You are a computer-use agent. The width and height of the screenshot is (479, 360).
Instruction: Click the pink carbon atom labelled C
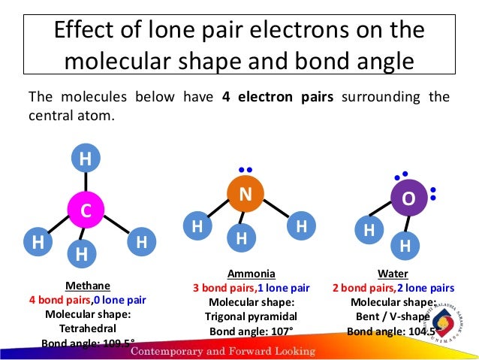(86, 211)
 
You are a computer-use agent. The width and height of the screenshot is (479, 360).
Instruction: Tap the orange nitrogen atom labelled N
(246, 195)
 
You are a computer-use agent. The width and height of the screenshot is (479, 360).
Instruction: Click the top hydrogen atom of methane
(86, 159)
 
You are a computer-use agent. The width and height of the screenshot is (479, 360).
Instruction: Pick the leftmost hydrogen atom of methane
(37, 242)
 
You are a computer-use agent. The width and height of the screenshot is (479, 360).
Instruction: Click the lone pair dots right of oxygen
(433, 193)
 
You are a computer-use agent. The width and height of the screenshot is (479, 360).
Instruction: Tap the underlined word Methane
(87, 286)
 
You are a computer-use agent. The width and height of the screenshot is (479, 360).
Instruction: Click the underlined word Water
(393, 274)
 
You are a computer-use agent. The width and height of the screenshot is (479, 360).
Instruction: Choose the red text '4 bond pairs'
(59, 299)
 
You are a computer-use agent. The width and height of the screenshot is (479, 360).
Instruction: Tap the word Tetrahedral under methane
(87, 328)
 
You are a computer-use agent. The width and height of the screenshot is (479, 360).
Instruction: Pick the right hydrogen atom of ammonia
(301, 225)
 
